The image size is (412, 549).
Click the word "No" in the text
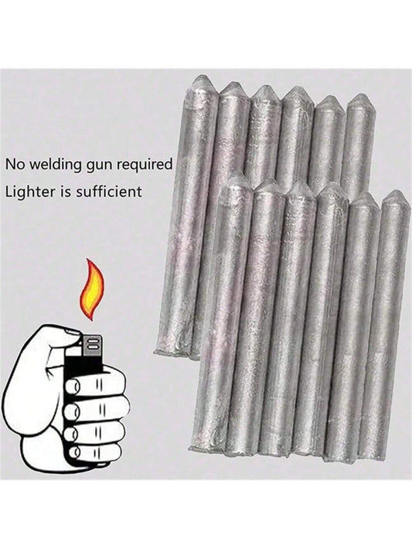point(14,164)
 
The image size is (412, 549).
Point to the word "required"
point(145,165)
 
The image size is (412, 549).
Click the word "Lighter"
point(30,192)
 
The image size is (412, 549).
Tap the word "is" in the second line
point(65,192)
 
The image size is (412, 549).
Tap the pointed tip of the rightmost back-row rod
point(359,95)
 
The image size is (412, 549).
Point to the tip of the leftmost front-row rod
point(238,173)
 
